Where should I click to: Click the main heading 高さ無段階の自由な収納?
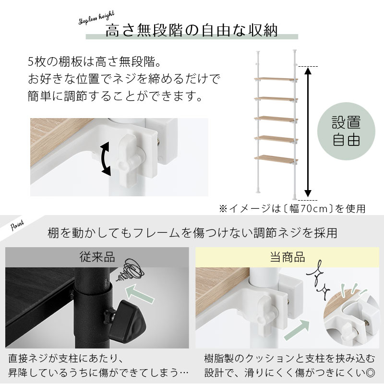pos(192,30)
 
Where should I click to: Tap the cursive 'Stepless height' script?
pos(96,18)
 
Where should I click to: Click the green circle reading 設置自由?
pos(346,131)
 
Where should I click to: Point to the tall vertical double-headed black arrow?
pos(308,132)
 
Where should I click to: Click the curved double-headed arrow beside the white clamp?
pos(106,159)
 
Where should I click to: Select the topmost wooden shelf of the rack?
pos(276,80)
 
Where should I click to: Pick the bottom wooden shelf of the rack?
pos(276,159)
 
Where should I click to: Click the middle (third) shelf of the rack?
pos(276,119)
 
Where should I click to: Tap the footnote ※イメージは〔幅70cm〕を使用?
pos(292,209)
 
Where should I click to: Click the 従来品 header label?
pos(97,257)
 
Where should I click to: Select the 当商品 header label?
pos(287,257)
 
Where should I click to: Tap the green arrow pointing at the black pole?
pos(140,294)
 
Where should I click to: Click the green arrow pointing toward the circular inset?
pos(297,329)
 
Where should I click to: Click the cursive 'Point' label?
pos(17,225)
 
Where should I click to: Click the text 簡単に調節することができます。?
pos(115,96)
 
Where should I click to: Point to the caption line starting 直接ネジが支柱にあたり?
pos(66,359)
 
